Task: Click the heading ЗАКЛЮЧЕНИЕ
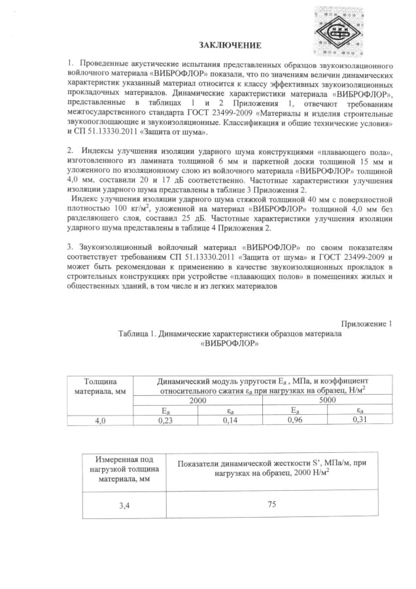(230, 45)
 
